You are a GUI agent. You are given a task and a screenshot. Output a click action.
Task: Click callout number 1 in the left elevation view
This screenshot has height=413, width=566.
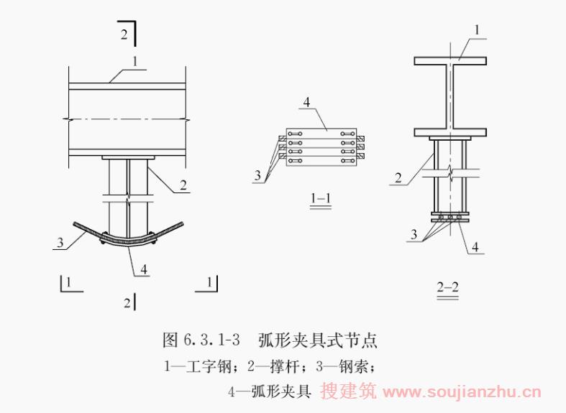[x=135, y=62]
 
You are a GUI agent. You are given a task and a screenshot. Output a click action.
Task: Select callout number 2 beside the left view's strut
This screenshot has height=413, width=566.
[x=183, y=185]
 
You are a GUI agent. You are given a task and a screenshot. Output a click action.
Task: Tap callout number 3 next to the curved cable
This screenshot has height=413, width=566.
[x=60, y=242]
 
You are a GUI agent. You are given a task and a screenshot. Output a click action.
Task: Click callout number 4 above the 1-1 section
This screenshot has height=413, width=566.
[x=306, y=102]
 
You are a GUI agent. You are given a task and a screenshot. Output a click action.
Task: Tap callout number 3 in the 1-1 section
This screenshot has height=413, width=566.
[x=257, y=175]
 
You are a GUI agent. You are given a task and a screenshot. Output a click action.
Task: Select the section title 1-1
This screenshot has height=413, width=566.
[x=321, y=198]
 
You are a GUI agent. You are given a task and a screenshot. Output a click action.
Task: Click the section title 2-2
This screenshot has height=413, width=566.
[x=447, y=287]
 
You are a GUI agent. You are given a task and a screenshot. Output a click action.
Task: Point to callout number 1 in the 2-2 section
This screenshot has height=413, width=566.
[x=477, y=30]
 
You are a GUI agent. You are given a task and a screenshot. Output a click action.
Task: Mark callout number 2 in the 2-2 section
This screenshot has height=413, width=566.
[x=398, y=177]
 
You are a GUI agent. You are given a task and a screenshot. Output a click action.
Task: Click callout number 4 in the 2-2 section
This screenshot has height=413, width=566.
[x=475, y=246]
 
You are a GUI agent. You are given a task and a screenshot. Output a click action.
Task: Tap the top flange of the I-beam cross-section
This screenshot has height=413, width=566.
[x=450, y=61]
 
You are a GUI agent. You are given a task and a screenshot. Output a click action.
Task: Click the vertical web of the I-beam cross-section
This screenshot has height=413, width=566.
[x=450, y=96]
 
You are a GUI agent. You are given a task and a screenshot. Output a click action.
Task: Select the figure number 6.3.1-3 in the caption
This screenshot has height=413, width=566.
[x=212, y=340]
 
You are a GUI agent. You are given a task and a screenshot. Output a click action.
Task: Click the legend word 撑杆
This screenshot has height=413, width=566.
[x=286, y=367]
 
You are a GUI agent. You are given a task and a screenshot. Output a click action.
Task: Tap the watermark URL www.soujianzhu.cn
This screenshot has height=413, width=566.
[x=462, y=391]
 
